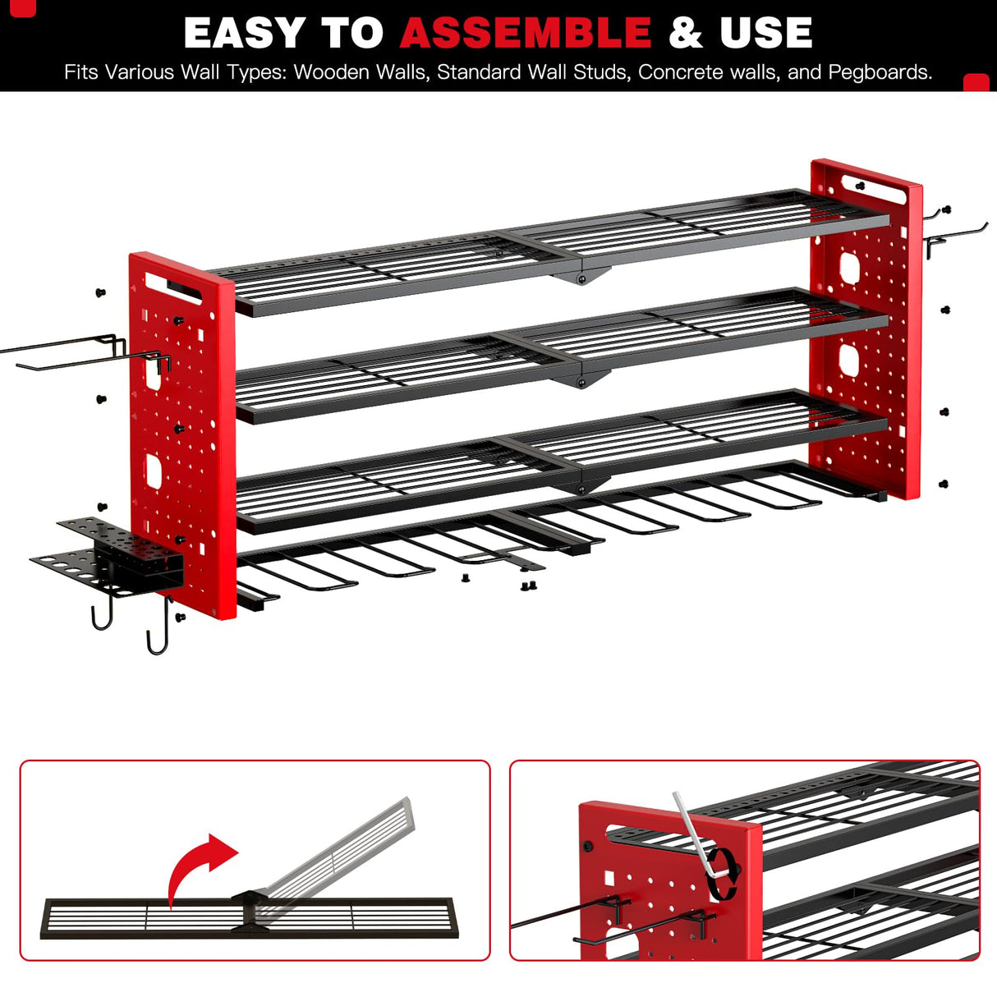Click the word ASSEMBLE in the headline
point(526,33)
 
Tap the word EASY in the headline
point(244,33)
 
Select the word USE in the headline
point(765,33)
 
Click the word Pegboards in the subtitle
point(879,72)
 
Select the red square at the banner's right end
point(976,82)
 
